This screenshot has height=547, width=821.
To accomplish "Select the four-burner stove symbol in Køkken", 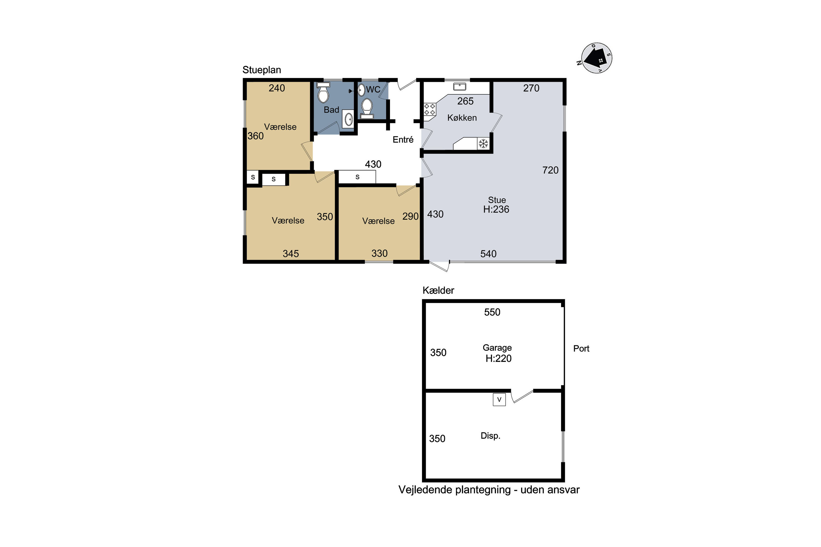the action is (430, 109).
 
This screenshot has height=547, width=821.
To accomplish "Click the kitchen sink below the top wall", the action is (459, 86).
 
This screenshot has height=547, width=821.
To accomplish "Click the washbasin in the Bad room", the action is (348, 119).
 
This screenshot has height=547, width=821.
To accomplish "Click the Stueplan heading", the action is (262, 70).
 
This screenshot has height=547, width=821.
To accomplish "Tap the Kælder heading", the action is (438, 290).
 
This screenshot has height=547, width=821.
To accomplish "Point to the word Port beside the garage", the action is (581, 348).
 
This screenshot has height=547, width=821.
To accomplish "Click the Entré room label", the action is (403, 139).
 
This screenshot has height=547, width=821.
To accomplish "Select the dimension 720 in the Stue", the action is (550, 170).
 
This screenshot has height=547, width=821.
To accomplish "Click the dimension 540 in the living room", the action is (488, 254).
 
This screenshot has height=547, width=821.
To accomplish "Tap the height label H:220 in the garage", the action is (498, 359).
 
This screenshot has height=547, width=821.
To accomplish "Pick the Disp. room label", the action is (490, 436).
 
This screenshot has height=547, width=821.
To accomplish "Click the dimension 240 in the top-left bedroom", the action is (277, 88).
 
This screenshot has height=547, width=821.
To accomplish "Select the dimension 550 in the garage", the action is (492, 312).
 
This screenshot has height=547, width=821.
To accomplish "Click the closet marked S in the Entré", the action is (357, 177).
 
